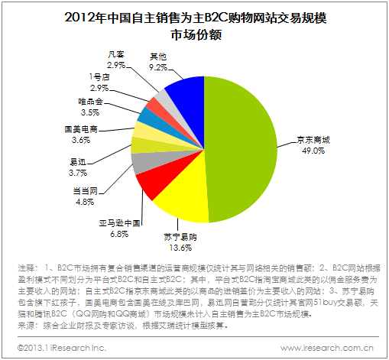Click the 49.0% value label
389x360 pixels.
[313, 151]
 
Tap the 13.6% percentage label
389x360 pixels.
[180, 248]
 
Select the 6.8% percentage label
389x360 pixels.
[119, 234]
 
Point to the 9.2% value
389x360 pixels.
[158, 67]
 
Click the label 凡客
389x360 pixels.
[116, 54]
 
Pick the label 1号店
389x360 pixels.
[99, 77]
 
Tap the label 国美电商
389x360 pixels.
[81, 129]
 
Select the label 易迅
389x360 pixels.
[78, 162]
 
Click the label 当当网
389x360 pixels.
[86, 191]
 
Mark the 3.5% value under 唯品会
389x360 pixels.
[90, 112]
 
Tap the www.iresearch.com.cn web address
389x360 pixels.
[327, 348]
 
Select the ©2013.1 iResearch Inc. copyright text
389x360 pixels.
[61, 348]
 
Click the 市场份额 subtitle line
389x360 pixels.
[196, 35]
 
